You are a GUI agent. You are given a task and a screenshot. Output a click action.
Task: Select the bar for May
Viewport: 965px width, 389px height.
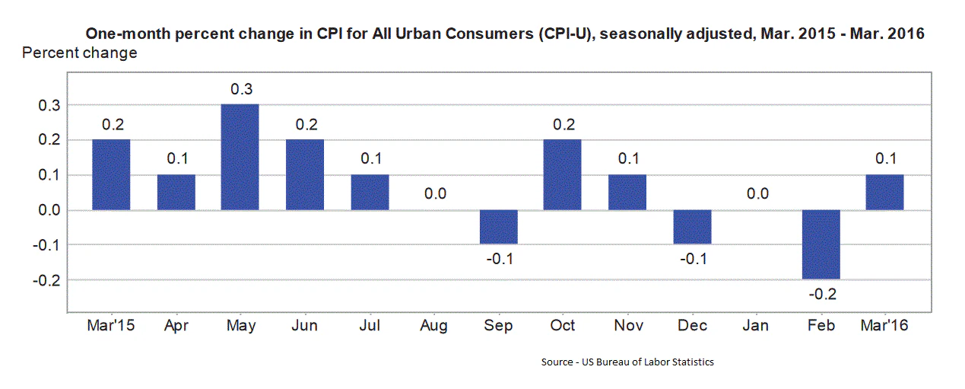(240, 157)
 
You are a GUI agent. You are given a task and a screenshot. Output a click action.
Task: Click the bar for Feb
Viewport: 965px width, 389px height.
(821, 244)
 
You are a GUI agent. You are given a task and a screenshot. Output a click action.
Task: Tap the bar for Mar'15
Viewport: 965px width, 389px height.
(111, 174)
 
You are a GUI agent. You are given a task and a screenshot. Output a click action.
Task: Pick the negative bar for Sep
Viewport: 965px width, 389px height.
(499, 227)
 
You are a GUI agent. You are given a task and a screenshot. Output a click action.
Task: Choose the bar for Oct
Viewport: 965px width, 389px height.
(563, 174)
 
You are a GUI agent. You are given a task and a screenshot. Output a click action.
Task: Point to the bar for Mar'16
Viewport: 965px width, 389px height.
(884, 192)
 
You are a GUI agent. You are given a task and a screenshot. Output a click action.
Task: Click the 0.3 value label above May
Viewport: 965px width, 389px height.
(241, 89)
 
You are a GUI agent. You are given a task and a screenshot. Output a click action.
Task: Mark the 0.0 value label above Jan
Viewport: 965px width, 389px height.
(757, 194)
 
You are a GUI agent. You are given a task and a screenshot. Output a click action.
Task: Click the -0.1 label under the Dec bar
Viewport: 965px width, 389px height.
(692, 260)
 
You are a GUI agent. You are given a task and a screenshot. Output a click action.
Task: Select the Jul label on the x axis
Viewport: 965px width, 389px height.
(370, 325)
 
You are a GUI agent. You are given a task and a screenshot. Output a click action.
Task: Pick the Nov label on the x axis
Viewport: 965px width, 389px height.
(627, 325)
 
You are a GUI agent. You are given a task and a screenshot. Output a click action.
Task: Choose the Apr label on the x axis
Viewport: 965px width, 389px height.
(176, 326)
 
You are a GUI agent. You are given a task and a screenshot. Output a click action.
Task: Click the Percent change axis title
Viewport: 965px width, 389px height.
(80, 53)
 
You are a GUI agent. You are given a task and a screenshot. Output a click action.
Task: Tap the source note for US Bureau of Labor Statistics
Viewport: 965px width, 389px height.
(627, 362)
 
